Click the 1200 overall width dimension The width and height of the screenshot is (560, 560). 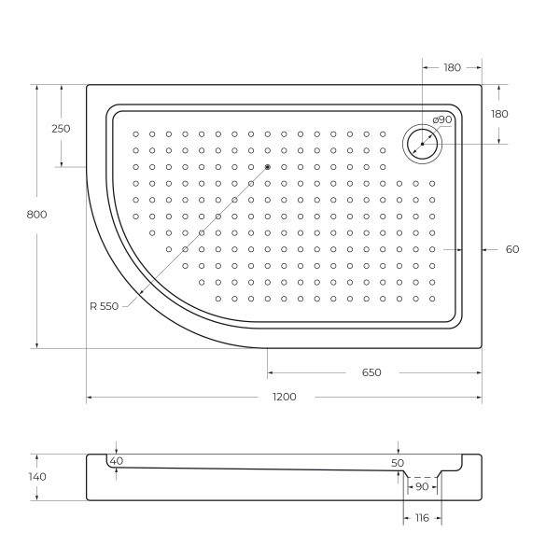(x=285, y=397)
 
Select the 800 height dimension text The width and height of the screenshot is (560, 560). (x=37, y=215)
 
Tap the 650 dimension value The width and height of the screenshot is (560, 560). (x=371, y=372)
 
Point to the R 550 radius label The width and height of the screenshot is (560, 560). (x=105, y=306)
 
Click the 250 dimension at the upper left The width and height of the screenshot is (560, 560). (x=61, y=129)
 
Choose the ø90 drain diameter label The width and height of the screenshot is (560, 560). (x=442, y=119)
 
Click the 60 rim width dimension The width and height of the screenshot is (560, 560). (x=511, y=249)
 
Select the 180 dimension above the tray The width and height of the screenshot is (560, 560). (x=452, y=66)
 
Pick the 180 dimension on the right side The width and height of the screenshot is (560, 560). (x=499, y=114)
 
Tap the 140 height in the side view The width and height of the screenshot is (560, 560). (x=37, y=477)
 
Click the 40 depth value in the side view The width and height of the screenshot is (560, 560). (x=116, y=461)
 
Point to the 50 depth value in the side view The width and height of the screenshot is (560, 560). (x=398, y=463)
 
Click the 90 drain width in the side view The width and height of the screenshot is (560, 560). (x=422, y=486)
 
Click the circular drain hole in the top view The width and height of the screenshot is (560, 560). (x=422, y=144)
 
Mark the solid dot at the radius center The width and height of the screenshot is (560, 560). (x=267, y=167)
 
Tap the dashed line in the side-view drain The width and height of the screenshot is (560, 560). (x=422, y=477)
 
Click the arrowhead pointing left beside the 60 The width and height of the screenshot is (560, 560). (x=486, y=249)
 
